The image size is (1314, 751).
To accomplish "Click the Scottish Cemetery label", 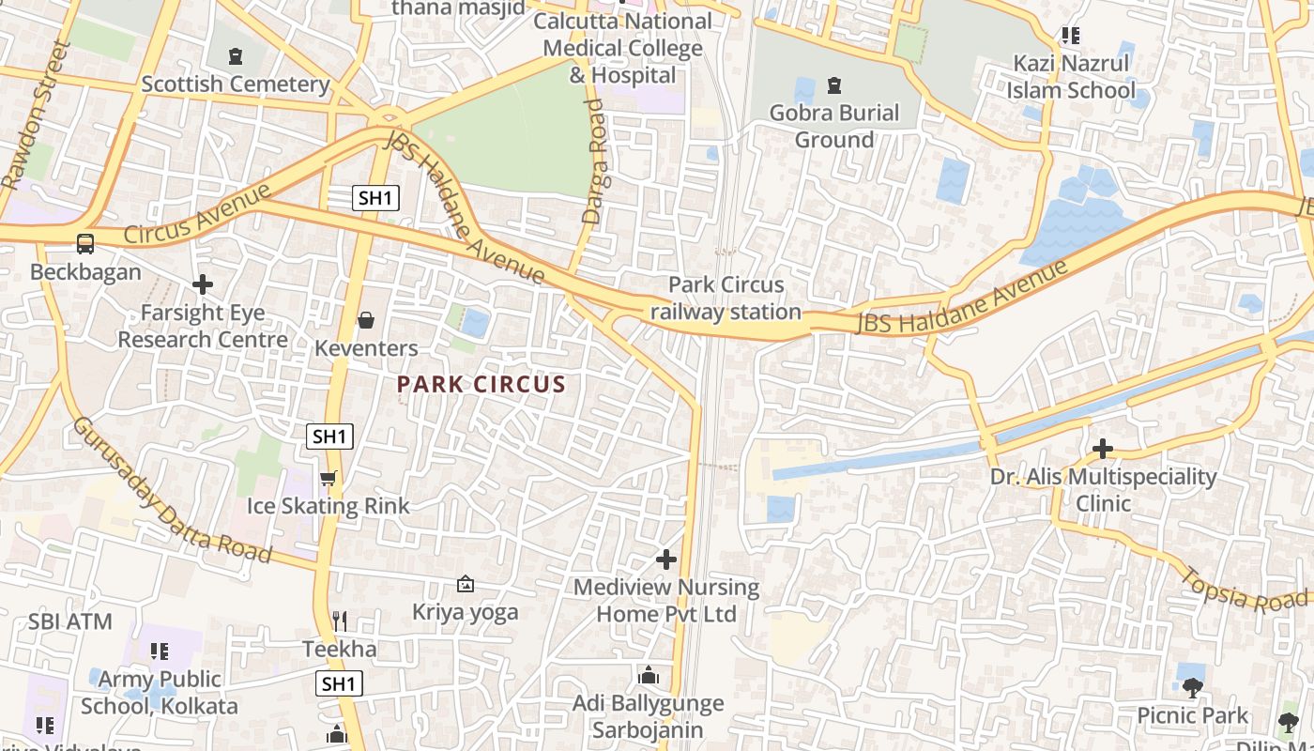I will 235,84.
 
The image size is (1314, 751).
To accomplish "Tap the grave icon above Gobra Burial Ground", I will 833,86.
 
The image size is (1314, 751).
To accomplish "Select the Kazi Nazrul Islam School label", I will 1071,77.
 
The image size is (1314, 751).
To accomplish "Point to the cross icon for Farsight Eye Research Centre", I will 202,284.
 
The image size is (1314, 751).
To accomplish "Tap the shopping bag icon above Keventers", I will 366,321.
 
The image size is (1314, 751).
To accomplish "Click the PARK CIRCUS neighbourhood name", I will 481,384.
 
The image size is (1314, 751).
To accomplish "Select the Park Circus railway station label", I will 726,298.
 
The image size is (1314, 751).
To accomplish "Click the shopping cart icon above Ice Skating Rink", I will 328,479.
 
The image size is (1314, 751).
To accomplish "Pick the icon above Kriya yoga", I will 465,585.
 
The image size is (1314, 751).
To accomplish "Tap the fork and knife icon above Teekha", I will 340,621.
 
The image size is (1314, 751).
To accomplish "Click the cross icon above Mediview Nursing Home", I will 665,560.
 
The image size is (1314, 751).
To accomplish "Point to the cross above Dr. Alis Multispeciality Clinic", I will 1103,449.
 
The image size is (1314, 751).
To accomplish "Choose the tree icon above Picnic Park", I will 1192,688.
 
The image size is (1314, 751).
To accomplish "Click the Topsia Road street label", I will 1243,590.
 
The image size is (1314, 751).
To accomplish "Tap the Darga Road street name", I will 593,161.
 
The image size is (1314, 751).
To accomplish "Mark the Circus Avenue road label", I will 197,215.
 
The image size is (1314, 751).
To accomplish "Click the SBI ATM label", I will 69,621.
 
